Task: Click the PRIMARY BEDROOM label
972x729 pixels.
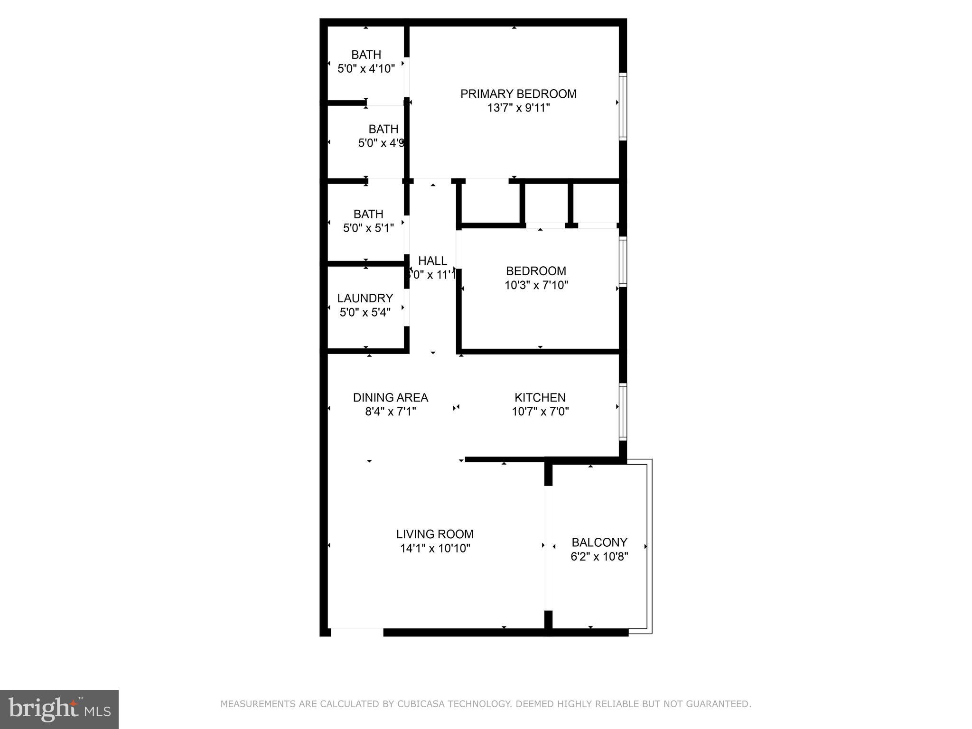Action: pyautogui.click(x=518, y=94)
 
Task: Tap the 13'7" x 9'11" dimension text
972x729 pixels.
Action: pyautogui.click(x=518, y=108)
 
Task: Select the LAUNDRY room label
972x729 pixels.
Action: pyautogui.click(x=365, y=298)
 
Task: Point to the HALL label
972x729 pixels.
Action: pyautogui.click(x=432, y=261)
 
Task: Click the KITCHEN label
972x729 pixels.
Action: pyautogui.click(x=540, y=397)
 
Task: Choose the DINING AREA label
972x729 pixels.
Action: pyautogui.click(x=390, y=397)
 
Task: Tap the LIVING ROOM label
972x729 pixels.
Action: pyautogui.click(x=435, y=534)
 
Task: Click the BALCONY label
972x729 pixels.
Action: pyautogui.click(x=599, y=542)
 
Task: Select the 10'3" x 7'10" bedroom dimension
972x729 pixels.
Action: pyautogui.click(x=536, y=285)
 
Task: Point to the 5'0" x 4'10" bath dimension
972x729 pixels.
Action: pyautogui.click(x=366, y=69)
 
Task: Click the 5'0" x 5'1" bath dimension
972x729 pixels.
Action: pyautogui.click(x=368, y=228)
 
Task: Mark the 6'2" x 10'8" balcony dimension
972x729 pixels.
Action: pyautogui.click(x=599, y=556)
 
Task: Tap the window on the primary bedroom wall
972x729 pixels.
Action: pyautogui.click(x=623, y=106)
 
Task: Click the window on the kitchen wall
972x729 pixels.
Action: pyautogui.click(x=623, y=411)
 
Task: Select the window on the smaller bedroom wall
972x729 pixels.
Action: pyautogui.click(x=623, y=262)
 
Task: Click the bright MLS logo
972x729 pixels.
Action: pyautogui.click(x=59, y=709)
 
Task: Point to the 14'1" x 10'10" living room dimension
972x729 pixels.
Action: pyautogui.click(x=435, y=549)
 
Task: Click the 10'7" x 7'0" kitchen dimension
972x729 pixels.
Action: pyautogui.click(x=540, y=411)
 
